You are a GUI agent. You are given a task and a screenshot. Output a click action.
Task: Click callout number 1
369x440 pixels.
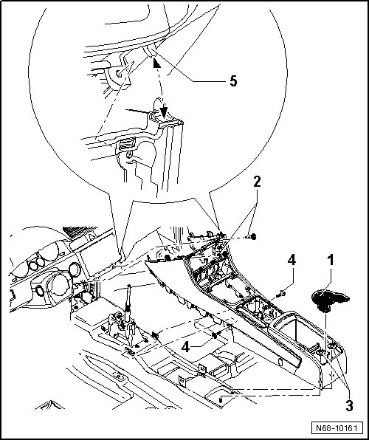tap(331, 261)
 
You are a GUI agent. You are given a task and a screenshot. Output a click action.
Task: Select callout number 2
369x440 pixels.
tap(257, 182)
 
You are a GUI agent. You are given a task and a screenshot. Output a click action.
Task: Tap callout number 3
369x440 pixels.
tap(349, 406)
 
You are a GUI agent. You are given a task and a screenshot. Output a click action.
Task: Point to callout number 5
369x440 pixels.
tap(233, 81)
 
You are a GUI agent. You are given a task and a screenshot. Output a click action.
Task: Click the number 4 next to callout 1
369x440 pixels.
tap(292, 260)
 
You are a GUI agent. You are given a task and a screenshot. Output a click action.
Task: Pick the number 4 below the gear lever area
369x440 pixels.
tap(185, 346)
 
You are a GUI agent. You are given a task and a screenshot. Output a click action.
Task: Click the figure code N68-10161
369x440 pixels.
tap(337, 428)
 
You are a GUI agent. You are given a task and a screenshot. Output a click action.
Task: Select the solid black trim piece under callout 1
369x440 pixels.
tap(331, 301)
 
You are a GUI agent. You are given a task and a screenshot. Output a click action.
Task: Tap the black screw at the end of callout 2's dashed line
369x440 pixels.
tap(253, 237)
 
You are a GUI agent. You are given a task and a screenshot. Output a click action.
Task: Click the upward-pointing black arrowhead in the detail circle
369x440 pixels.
tap(156, 63)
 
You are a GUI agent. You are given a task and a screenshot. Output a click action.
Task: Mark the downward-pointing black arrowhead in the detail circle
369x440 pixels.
tap(164, 111)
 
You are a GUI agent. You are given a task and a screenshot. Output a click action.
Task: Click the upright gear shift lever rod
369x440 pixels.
tap(128, 303)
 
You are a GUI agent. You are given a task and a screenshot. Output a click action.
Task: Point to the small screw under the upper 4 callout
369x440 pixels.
tap(280, 295)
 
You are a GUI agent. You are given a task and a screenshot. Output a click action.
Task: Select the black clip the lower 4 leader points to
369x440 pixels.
tap(215, 335)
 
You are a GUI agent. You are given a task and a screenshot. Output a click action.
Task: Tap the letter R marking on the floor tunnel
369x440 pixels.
tap(119, 376)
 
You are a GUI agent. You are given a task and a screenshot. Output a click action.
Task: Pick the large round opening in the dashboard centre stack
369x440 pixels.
tap(60, 286)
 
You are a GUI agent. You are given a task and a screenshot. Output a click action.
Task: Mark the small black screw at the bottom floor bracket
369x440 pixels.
tap(221, 400)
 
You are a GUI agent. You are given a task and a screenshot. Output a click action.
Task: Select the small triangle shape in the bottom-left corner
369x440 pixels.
tap(50, 405)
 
